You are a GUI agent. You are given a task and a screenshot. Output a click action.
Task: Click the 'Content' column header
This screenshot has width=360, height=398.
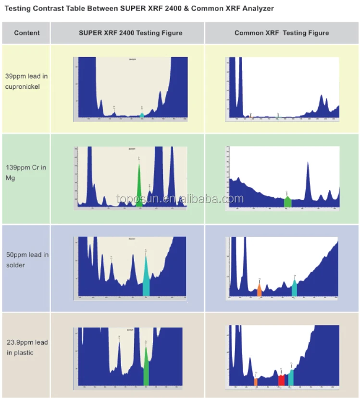26,33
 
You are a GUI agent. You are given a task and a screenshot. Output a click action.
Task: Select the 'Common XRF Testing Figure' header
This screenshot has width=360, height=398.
282,33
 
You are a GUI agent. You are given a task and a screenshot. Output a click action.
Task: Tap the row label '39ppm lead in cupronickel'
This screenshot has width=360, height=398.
26,81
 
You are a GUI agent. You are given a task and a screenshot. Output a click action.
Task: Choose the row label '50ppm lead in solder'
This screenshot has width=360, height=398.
27,260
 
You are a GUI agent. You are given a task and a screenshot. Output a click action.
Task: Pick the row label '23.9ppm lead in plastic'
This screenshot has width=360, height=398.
27,348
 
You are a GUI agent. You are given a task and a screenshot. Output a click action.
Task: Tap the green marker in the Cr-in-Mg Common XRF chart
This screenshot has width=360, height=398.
287,202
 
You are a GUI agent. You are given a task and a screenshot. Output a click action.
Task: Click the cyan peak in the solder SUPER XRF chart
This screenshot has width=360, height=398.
146,281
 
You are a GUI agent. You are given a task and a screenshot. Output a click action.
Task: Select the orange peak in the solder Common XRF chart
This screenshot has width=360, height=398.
259,290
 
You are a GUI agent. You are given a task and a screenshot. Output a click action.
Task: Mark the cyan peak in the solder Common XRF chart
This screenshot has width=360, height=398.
294,289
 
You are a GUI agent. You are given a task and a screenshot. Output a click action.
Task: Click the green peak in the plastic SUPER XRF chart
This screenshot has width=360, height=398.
146,370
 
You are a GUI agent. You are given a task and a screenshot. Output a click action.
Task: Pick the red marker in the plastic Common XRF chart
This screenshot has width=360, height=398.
281,380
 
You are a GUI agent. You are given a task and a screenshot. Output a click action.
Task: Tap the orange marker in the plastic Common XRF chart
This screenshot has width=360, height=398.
256,382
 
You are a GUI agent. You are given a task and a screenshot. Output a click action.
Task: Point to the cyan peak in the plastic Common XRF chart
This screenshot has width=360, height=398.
291,377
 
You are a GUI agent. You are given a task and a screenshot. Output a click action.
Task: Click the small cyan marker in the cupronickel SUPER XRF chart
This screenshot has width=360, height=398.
142,115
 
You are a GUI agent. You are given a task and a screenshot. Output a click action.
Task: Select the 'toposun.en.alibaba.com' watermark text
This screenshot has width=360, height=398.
180,199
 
